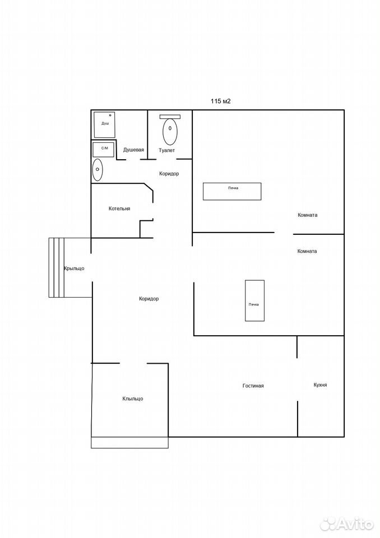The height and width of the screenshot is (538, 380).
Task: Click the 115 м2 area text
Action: [x=220, y=101]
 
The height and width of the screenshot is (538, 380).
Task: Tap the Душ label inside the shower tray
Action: [x=105, y=123]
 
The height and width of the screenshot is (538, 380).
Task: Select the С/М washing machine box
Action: [x=103, y=149]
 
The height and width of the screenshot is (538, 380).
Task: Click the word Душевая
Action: [x=133, y=150]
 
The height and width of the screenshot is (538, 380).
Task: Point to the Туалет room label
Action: [x=166, y=150]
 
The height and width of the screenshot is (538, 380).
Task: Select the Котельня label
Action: [x=119, y=208]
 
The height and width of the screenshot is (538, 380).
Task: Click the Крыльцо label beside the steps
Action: [x=74, y=268]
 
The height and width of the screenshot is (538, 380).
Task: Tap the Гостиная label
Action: [x=253, y=386]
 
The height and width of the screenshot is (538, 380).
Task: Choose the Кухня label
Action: [x=320, y=385]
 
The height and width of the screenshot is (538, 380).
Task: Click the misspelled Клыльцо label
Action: [x=133, y=398]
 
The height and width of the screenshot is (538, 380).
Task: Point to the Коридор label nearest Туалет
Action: [x=169, y=174]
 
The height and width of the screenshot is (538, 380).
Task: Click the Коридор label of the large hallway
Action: [x=149, y=299]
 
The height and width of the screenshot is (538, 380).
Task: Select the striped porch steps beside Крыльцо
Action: [x=56, y=268]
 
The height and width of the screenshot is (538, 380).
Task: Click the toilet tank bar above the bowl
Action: [x=170, y=117]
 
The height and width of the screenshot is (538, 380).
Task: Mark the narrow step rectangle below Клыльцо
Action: [x=129, y=442]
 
